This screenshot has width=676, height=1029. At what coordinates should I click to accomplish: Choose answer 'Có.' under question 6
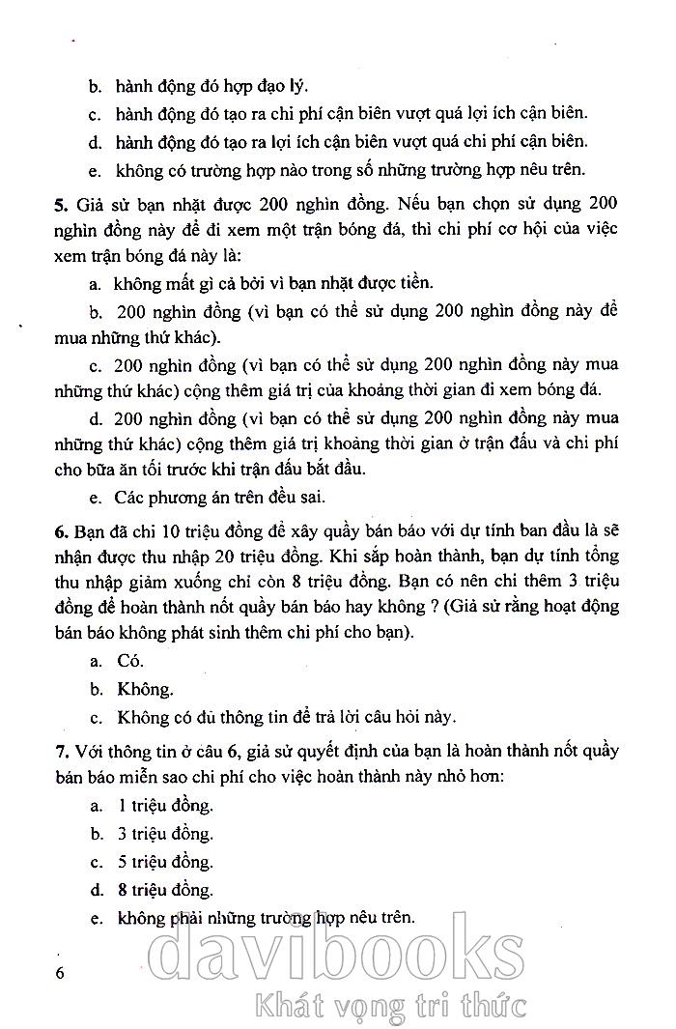129,661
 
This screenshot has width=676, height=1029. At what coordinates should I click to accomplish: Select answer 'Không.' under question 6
145,689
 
